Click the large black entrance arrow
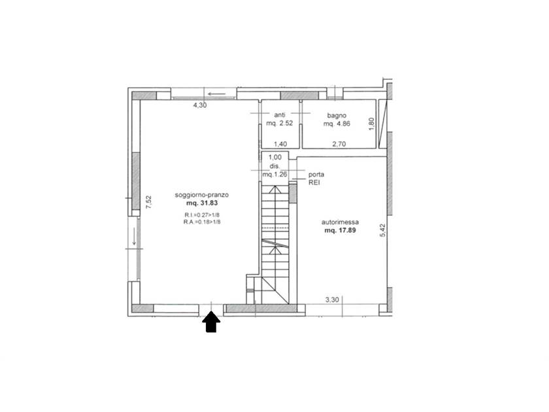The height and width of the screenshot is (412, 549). click(211, 322)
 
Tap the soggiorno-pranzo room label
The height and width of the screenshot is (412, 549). click(202, 195)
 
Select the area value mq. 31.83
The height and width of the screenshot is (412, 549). click(202, 203)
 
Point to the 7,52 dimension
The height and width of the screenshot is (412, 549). click(148, 202)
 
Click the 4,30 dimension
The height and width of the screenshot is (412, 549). click(200, 105)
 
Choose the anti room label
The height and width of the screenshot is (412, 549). click(280, 115)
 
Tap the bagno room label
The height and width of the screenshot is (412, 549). click(337, 115)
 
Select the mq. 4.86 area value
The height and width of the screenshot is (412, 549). click(337, 124)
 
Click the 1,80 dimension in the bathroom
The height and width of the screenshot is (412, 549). click(372, 124)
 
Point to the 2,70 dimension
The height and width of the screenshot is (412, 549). click(339, 144)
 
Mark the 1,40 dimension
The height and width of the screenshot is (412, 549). click(280, 144)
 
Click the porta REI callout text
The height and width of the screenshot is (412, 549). click(316, 179)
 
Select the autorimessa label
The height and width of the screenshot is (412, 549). click(340, 222)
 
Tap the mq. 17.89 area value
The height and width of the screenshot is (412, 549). click(340, 230)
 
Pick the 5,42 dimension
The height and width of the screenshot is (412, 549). click(382, 230)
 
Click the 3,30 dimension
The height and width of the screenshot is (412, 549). click(332, 300)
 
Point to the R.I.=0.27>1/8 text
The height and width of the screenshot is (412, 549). click(202, 215)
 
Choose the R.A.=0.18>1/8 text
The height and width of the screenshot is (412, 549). click(202, 222)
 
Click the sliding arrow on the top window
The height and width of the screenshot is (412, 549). click(216, 94)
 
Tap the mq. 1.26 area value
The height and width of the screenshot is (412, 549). click(274, 174)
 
